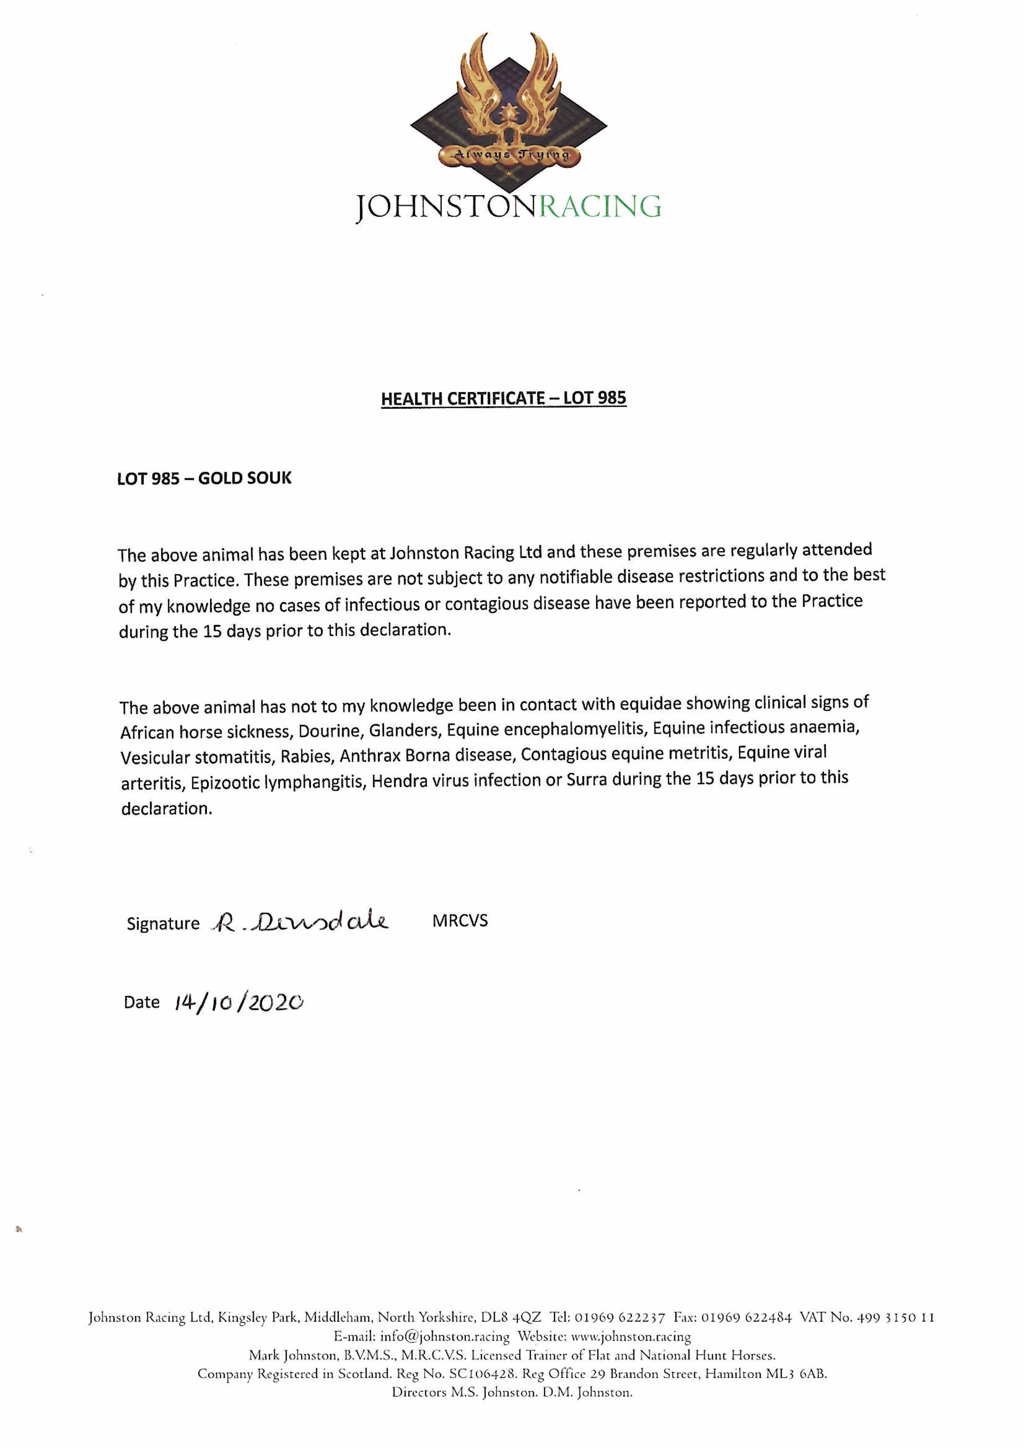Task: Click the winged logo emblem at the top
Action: tap(508, 101)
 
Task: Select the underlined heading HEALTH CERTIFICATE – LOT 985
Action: tap(503, 398)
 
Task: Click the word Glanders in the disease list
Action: tap(404, 730)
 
